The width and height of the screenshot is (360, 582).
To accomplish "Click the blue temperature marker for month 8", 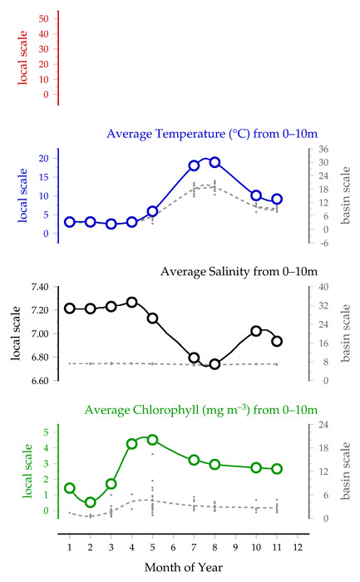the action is [x=215, y=162].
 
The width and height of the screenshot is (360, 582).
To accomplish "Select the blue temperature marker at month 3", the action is [x=111, y=224].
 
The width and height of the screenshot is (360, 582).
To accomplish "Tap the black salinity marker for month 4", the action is [x=131, y=302].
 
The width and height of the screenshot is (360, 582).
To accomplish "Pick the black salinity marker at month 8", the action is [x=215, y=364].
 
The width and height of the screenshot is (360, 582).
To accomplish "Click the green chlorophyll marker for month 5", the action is [x=152, y=440].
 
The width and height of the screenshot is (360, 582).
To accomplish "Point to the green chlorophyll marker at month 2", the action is [x=90, y=502].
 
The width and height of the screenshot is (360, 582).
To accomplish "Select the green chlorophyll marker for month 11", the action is [x=277, y=469].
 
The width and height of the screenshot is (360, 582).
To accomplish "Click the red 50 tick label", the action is [x=43, y=18].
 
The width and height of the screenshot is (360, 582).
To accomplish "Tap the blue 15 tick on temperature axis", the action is [x=43, y=177].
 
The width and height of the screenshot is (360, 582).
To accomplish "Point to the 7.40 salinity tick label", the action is [x=40, y=287].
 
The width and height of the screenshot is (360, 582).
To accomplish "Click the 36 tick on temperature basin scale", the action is [x=323, y=149].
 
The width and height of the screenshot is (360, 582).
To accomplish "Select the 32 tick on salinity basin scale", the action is [x=323, y=305].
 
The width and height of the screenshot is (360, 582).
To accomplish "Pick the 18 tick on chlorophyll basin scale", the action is [x=323, y=447].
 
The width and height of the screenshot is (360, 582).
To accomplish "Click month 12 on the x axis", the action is [x=298, y=547].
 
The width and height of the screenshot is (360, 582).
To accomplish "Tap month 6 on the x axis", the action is [x=173, y=547].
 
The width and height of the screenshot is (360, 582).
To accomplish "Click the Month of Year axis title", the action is [x=184, y=567].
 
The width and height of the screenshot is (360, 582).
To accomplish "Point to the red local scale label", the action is [x=22, y=57].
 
